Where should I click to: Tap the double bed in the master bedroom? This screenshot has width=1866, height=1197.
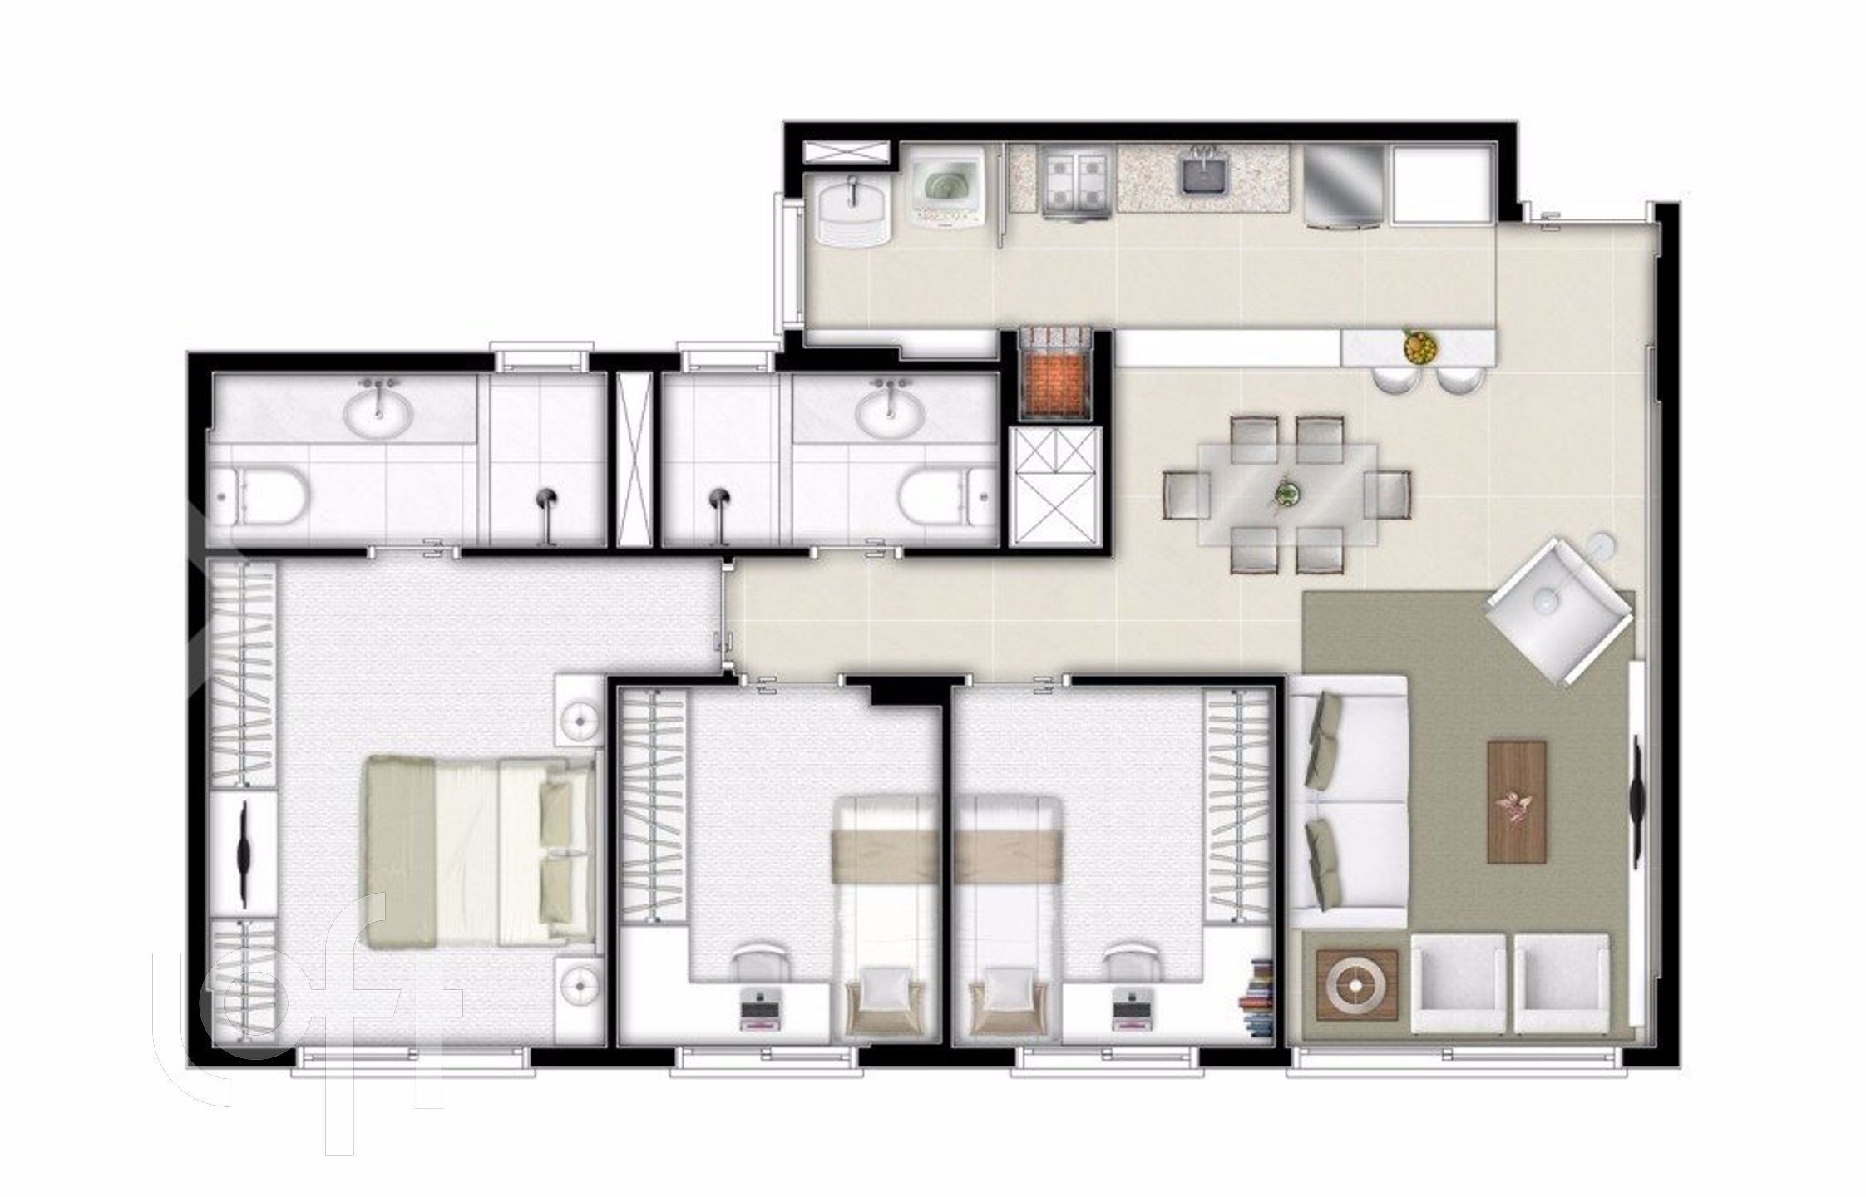pyautogui.click(x=481, y=851)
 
